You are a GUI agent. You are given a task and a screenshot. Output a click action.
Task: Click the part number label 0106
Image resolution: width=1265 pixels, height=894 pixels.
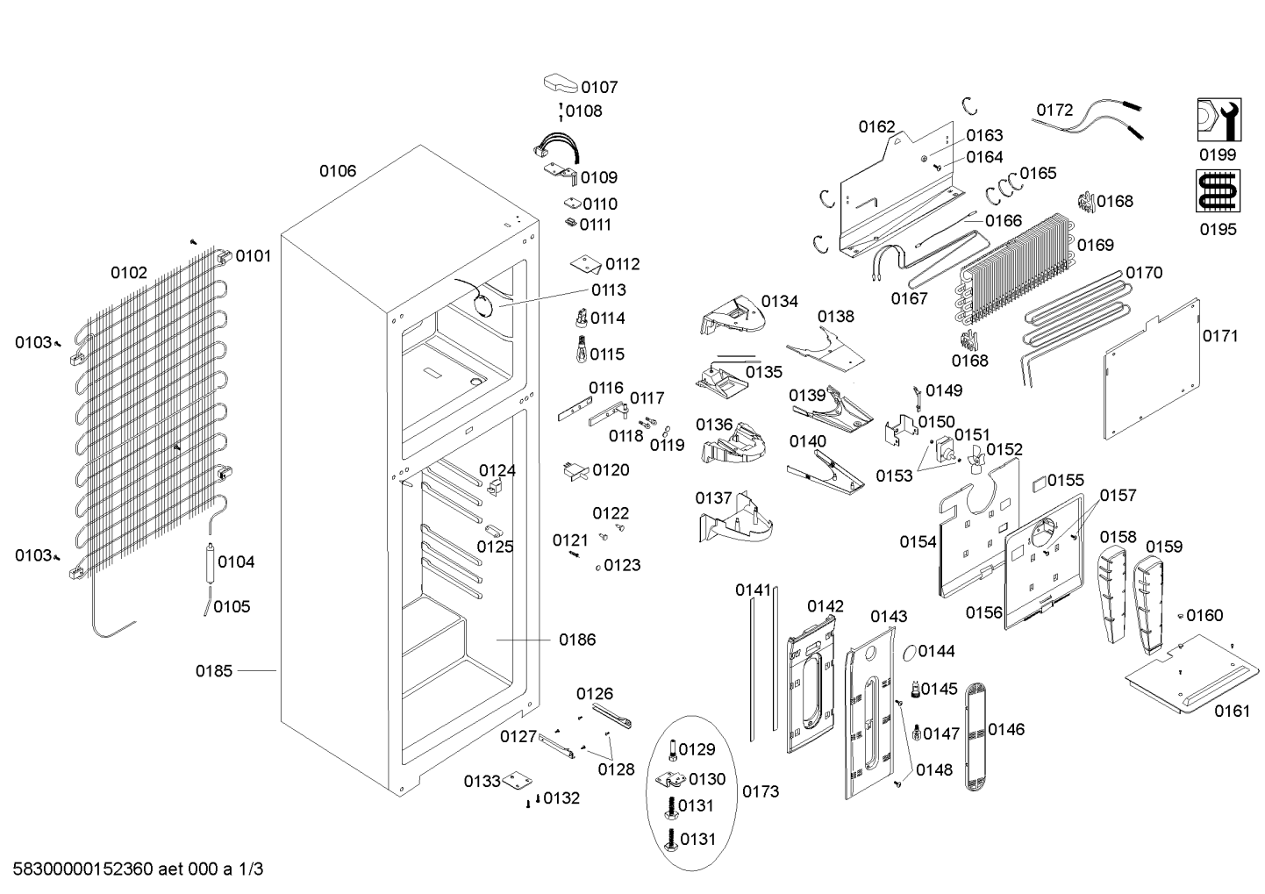pos(338,171)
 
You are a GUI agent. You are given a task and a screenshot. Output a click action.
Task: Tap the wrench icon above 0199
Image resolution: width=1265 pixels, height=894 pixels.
pos(1219,119)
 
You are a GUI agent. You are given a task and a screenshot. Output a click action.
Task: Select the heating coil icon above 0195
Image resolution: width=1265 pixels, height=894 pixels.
pos(1219,191)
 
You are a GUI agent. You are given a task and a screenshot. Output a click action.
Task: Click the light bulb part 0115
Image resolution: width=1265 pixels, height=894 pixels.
pos(580,349)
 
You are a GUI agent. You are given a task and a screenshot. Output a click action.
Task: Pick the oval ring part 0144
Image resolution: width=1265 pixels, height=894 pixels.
pos(909,652)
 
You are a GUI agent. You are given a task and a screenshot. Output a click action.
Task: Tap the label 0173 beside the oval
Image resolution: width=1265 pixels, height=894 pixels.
pos(761,791)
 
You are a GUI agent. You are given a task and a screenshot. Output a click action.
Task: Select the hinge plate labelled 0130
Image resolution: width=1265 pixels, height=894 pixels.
pos(671,780)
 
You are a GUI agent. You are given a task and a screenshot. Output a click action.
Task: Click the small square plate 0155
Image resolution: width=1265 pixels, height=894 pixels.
pos(1039,483)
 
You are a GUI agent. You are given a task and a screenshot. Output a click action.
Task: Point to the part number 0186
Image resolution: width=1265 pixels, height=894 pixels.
pos(577,640)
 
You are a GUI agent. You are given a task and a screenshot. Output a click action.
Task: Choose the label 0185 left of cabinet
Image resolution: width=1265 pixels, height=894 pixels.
pos(214,671)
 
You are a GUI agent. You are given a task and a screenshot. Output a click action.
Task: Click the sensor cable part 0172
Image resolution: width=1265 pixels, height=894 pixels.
pos(1087,123)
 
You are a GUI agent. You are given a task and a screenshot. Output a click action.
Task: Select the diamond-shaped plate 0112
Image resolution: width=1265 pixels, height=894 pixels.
pos(585,263)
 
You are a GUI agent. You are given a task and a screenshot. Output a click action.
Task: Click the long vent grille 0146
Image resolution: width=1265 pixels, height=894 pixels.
pos(976,736)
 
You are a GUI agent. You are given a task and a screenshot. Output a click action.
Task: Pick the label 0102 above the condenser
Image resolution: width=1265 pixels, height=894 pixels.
pos(129,273)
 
